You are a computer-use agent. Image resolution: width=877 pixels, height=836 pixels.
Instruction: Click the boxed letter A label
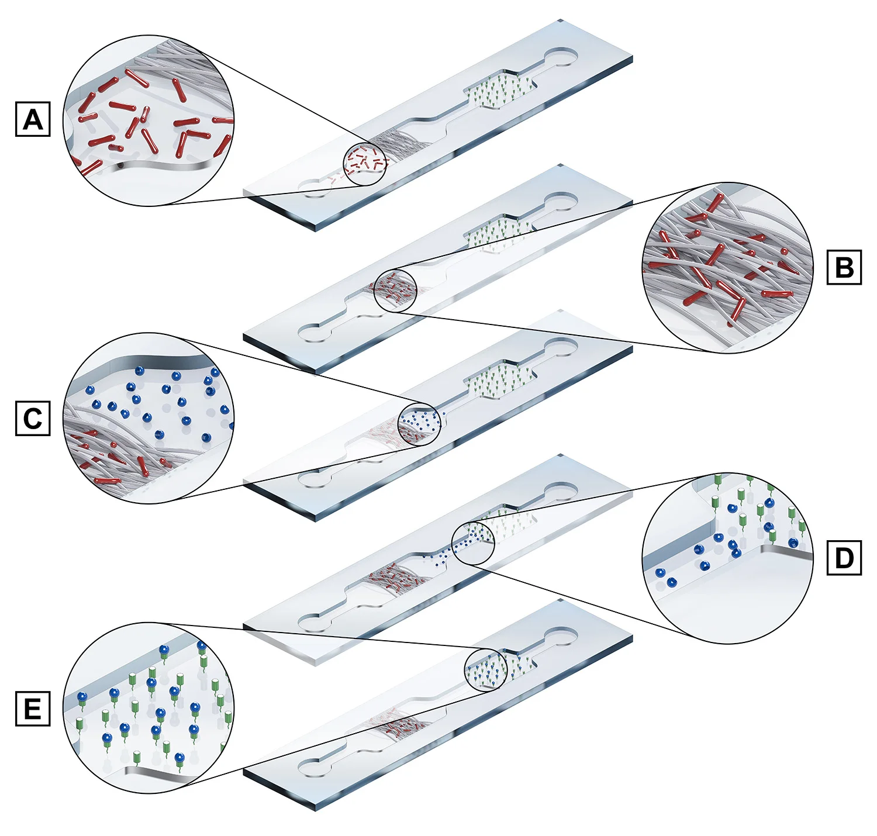pyautogui.click(x=33, y=119)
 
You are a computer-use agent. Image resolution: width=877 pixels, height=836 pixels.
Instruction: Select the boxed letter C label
pyautogui.click(x=33, y=419)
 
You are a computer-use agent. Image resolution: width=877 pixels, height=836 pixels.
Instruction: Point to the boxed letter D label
pyautogui.click(x=844, y=558)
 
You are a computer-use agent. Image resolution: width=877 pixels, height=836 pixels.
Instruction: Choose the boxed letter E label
pyautogui.click(x=33, y=709)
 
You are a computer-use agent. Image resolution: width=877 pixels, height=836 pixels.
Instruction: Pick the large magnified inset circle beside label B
pyautogui.click(x=727, y=267)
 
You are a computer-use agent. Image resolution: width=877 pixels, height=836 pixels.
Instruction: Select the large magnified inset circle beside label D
pyautogui.click(x=727, y=558)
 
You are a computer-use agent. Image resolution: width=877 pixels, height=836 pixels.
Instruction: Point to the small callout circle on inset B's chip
pyautogui.click(x=395, y=291)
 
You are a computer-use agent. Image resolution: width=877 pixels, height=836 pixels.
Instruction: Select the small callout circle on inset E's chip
pyautogui.click(x=485, y=670)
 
